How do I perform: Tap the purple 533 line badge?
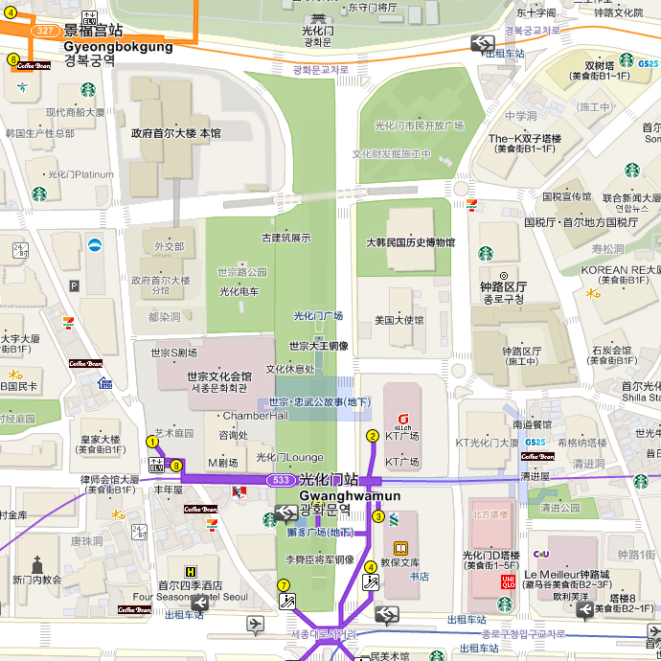pyautogui.click(x=281, y=479)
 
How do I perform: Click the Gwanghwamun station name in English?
pyautogui.click(x=350, y=495)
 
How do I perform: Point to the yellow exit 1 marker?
pyautogui.click(x=152, y=442)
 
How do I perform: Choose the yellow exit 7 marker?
pyautogui.click(x=283, y=585)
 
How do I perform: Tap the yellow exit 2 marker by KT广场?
pyautogui.click(x=373, y=436)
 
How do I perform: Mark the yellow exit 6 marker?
pyautogui.click(x=12, y=59)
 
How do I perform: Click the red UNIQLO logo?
pyautogui.click(x=509, y=581)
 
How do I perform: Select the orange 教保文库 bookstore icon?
pyautogui.click(x=400, y=549)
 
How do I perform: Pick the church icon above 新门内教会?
pyautogui.click(x=37, y=564)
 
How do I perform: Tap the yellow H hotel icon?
pyautogui.click(x=190, y=572)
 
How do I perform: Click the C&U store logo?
pyautogui.click(x=541, y=553)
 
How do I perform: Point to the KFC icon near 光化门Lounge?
pyautogui.click(x=240, y=491)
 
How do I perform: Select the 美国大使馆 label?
pyautogui.click(x=399, y=320)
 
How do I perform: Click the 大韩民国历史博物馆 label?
pyautogui.click(x=410, y=243)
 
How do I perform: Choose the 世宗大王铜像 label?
pyautogui.click(x=318, y=346)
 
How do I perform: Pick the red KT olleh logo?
pyautogui.click(x=402, y=419)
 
